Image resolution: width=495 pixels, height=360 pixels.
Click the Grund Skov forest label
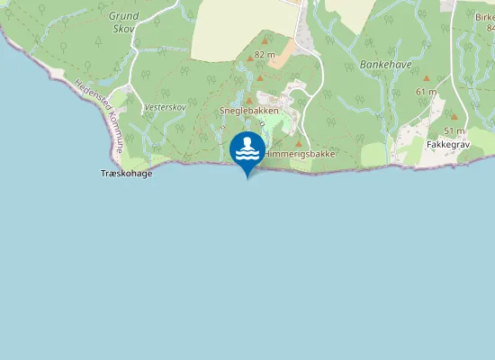[124, 22]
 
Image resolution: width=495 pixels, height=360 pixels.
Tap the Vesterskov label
[165, 107]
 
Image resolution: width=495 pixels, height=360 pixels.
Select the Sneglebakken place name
[249, 111]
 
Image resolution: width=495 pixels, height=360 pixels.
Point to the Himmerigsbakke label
[300, 155]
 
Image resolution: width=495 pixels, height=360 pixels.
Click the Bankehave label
[379, 65]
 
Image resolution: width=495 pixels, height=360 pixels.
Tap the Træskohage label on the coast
[125, 173]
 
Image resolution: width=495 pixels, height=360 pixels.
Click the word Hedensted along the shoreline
[91, 98]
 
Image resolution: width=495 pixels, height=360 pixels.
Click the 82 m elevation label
[265, 55]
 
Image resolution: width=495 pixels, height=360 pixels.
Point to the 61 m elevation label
[427, 92]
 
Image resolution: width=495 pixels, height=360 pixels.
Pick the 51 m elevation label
[454, 130]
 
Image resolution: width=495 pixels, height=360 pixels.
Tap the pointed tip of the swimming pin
[247, 177]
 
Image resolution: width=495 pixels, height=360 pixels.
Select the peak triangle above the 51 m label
[454, 117]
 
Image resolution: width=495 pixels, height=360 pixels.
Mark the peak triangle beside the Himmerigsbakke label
[299, 143]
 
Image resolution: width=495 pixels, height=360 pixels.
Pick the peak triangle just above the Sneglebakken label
[249, 99]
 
